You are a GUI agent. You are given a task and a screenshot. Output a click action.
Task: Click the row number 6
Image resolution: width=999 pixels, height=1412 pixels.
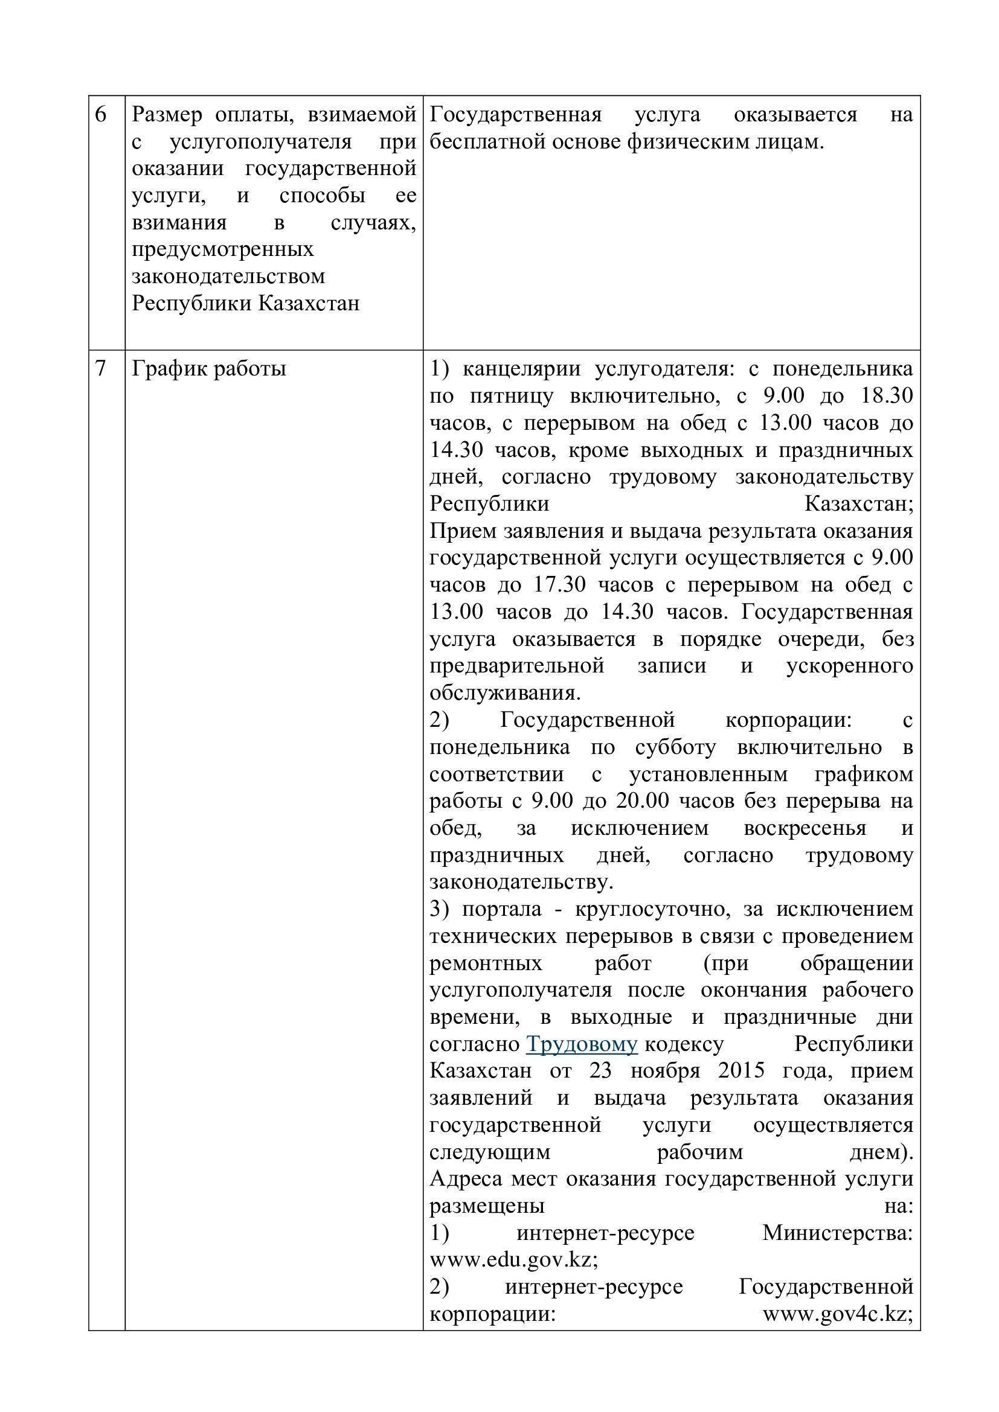click(101, 115)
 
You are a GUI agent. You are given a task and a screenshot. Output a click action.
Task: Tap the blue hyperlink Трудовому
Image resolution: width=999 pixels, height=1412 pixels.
click(581, 1044)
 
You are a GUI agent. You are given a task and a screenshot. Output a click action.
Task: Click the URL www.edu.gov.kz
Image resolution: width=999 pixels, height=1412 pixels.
click(512, 1259)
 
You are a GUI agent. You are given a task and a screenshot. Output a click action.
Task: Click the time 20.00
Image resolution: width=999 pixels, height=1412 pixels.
click(631, 801)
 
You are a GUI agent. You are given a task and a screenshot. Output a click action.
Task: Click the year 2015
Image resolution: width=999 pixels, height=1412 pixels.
click(740, 1071)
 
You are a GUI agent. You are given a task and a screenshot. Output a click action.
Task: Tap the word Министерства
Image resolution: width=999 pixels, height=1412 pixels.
click(837, 1233)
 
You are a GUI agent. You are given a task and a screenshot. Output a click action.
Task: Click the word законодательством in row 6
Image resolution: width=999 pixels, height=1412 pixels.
click(228, 276)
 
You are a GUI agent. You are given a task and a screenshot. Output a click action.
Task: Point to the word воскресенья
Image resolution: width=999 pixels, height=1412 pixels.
click(805, 828)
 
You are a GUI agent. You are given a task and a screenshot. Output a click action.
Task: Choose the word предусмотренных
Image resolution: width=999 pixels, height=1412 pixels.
click(223, 249)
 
